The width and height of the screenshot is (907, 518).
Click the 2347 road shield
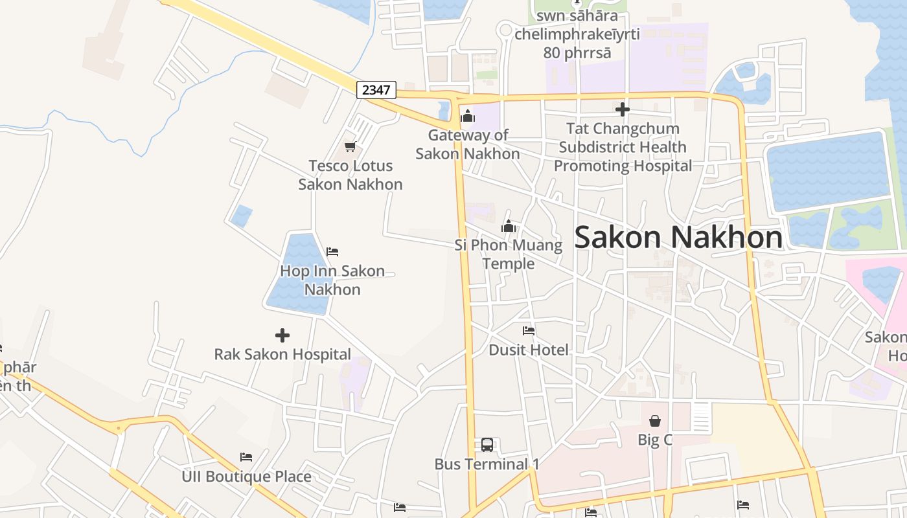[x=376, y=89]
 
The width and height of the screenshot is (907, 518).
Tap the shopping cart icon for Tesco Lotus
[x=350, y=147]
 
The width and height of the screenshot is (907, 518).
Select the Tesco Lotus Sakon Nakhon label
[x=350, y=175]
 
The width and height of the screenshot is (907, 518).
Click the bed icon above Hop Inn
[x=332, y=252]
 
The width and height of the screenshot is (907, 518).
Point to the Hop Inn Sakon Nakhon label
[x=332, y=280]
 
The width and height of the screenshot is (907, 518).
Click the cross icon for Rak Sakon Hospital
[x=282, y=335]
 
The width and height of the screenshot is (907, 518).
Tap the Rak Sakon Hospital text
[x=282, y=354]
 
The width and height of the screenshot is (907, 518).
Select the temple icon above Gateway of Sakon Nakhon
[x=468, y=117]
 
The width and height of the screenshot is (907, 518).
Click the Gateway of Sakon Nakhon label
[x=468, y=144]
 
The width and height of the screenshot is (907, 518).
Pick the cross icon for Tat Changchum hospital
[x=623, y=109]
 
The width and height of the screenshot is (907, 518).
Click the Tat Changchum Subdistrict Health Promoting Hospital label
[x=623, y=147]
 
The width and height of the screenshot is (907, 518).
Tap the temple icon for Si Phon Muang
[x=509, y=226]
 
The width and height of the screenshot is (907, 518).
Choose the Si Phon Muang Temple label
[x=509, y=254]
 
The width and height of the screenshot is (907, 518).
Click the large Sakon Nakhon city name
[x=678, y=237]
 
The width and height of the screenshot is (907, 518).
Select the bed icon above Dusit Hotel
[x=529, y=331]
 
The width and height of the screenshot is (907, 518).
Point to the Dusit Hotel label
[x=529, y=350]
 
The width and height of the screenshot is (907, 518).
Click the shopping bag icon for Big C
[x=655, y=421]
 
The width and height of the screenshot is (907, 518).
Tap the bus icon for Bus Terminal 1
[x=487, y=445]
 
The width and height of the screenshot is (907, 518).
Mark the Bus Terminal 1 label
[x=487, y=464]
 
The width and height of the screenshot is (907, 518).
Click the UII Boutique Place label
[x=246, y=477]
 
